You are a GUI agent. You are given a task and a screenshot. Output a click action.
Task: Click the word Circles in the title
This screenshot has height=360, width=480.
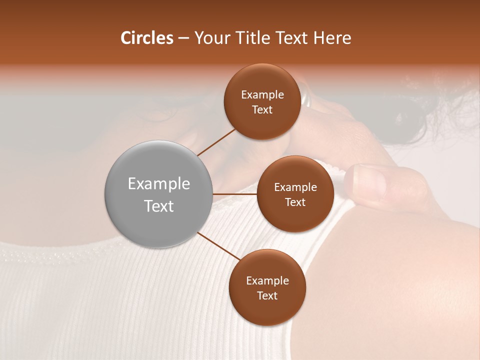click(x=147, y=38)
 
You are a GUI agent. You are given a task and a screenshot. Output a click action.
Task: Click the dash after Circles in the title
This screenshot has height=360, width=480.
click(x=183, y=38)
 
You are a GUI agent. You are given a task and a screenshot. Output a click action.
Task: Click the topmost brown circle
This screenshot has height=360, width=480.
click(x=262, y=102)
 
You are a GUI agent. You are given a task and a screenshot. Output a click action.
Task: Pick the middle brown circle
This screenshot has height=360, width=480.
click(x=295, y=194)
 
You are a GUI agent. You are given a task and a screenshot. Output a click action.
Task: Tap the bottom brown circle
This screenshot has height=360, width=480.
click(x=267, y=288)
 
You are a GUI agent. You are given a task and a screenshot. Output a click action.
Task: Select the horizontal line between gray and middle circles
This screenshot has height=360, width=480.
click(x=235, y=194)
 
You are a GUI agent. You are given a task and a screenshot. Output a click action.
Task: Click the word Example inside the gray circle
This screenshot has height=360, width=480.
click(x=158, y=184)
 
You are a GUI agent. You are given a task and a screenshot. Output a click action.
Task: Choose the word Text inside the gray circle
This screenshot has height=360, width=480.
click(x=158, y=206)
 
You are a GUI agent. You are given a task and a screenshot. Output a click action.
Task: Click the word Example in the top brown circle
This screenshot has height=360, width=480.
click(x=262, y=94)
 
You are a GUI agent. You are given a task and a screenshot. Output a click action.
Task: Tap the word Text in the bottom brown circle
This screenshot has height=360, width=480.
click(x=267, y=295)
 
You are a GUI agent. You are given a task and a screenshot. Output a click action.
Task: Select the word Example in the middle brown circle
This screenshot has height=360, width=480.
click(x=295, y=187)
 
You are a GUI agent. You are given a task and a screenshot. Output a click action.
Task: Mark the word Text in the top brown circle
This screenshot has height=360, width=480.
click(x=262, y=109)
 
